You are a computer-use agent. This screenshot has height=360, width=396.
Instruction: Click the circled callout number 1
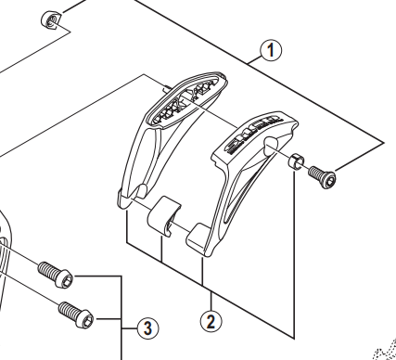click(x=271, y=50)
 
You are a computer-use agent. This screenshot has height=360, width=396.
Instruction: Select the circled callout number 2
click(x=211, y=322)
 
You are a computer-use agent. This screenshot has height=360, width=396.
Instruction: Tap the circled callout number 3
click(x=148, y=328)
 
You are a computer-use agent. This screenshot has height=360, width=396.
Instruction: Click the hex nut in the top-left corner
click(x=49, y=20)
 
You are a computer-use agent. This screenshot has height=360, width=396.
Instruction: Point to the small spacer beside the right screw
click(x=296, y=161)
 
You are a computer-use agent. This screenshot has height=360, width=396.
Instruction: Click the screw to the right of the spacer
click(x=323, y=176)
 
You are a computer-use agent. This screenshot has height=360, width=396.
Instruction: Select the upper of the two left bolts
click(x=56, y=274)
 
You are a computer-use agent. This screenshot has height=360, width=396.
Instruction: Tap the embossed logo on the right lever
click(x=252, y=135)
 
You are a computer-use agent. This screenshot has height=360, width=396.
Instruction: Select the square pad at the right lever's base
click(x=197, y=236)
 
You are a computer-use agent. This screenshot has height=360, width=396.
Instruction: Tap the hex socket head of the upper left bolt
click(x=66, y=279)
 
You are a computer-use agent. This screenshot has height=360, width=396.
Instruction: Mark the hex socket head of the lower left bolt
click(x=86, y=319)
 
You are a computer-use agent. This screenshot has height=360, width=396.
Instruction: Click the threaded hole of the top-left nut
click(x=51, y=20)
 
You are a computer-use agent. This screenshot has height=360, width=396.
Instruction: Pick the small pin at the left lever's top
click(x=166, y=88)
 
